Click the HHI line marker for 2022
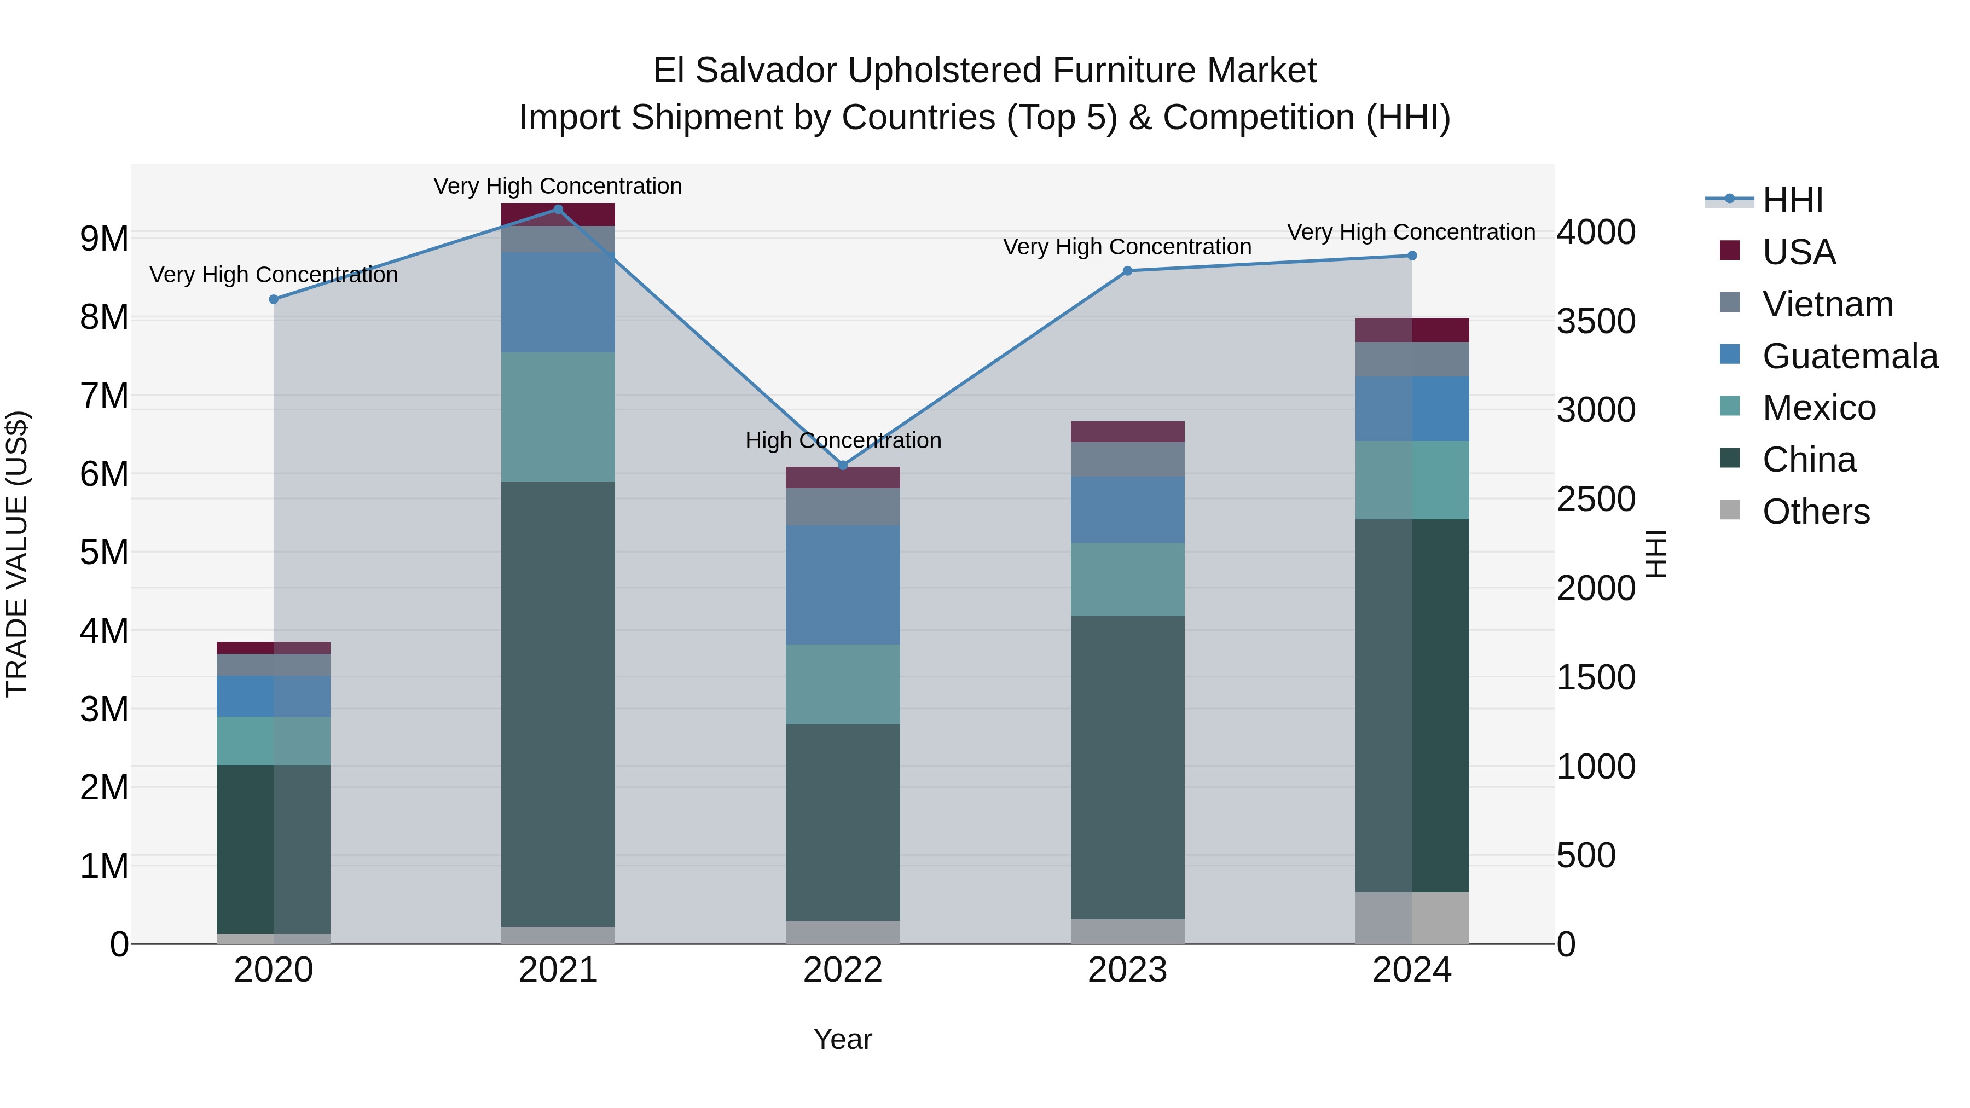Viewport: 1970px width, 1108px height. [x=843, y=465]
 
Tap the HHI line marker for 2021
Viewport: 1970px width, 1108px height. [x=558, y=210]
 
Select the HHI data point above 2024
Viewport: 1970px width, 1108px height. [x=1412, y=256]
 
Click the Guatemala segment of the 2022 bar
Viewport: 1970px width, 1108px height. [x=843, y=585]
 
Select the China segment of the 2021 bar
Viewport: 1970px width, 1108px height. [x=558, y=704]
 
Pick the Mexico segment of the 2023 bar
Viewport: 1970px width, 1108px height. [x=1127, y=579]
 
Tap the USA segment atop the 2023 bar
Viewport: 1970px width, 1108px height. [x=1127, y=431]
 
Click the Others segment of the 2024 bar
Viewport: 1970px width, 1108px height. [x=1412, y=918]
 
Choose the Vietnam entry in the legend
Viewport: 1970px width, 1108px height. [x=1828, y=304]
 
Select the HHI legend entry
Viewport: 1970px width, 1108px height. [x=1793, y=200]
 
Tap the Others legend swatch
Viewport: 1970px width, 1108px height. [x=1729, y=510]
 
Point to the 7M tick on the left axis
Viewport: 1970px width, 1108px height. [x=104, y=396]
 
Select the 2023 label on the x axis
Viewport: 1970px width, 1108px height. [x=1127, y=970]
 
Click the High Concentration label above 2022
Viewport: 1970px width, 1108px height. [x=843, y=440]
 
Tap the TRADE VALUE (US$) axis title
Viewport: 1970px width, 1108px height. [x=17, y=554]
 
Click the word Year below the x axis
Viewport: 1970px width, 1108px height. [x=843, y=1039]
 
